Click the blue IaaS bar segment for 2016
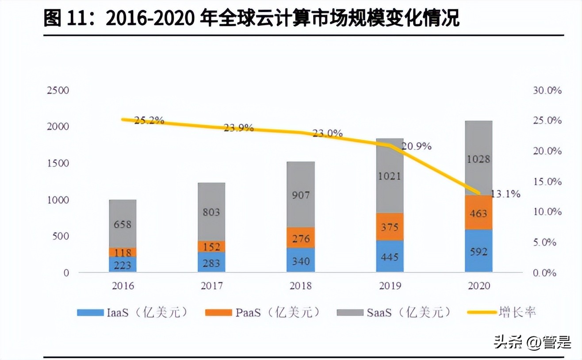tap(123, 264)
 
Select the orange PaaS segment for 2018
tap(300, 237)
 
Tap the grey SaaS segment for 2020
tap(479, 158)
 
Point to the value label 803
tap(211, 212)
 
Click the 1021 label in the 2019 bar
tap(390, 176)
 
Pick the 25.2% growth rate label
tap(149, 120)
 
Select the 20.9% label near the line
tap(417, 146)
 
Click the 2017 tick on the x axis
tap(211, 286)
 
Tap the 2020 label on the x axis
tap(479, 286)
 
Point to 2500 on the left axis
tap(58, 91)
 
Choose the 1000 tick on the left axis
tap(58, 200)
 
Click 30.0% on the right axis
tap(547, 91)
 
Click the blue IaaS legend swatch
tap(90, 313)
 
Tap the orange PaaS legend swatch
tap(218, 313)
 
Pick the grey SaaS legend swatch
tap(350, 313)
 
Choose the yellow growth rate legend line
tap(482, 313)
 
